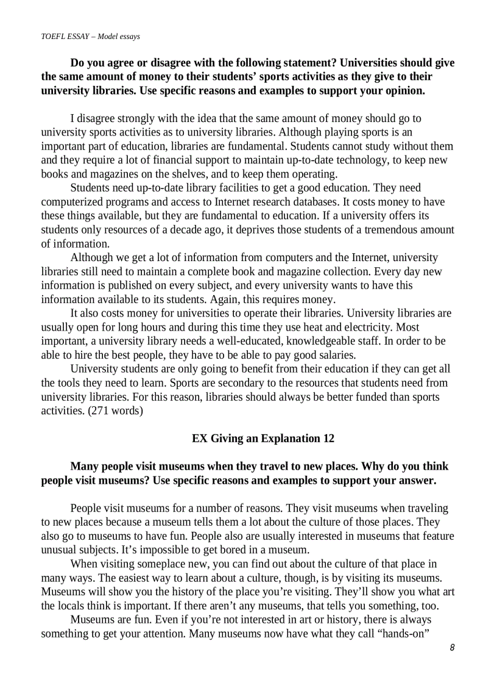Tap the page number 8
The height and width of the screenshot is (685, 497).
pyautogui.click(x=451, y=648)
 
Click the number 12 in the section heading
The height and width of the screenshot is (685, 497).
pyautogui.click(x=328, y=439)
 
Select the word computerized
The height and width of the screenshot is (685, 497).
pyautogui.click(x=69, y=202)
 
